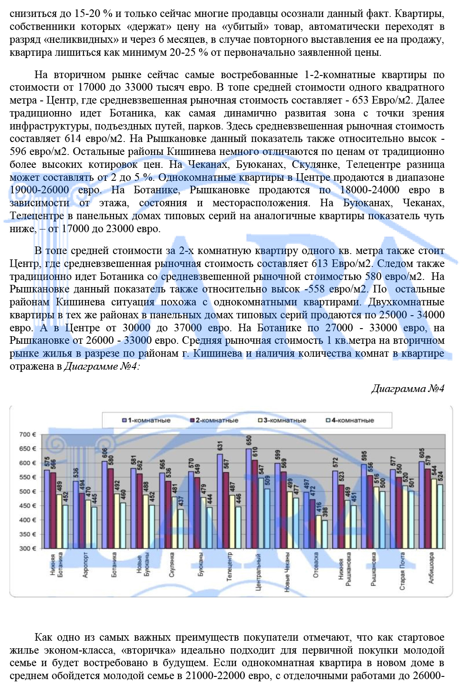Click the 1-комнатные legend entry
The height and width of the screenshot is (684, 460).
(147, 420)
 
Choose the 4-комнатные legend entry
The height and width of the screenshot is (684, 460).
(350, 420)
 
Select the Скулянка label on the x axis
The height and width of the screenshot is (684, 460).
(172, 565)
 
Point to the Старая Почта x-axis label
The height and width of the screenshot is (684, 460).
(402, 571)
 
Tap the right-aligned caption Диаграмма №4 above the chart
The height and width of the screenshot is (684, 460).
(408, 388)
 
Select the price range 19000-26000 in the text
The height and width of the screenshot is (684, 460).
(39, 190)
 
